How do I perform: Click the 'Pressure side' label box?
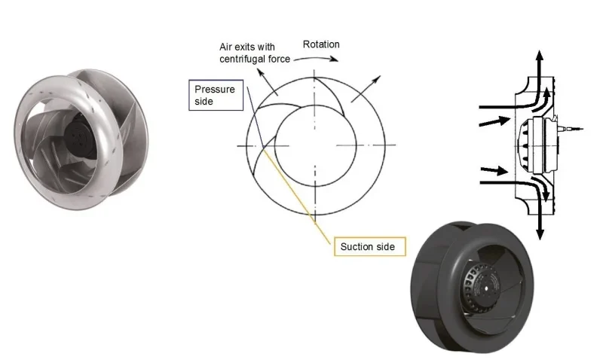point(214,95)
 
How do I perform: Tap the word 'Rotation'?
point(321,44)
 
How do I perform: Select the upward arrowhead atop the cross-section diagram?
point(540,56)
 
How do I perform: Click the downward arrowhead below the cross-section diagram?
point(540,233)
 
